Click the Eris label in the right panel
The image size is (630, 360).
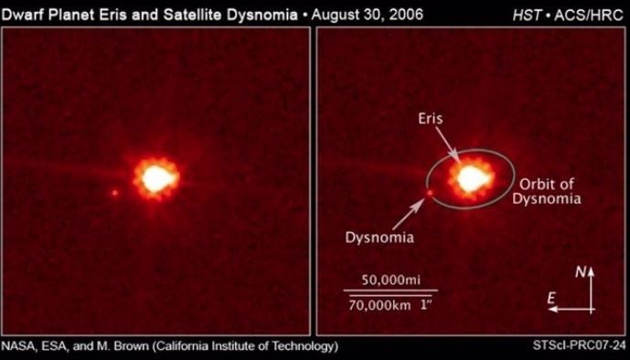[432, 119]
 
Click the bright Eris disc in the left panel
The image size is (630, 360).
[156, 175]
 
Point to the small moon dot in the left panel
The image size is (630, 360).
[114, 193]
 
